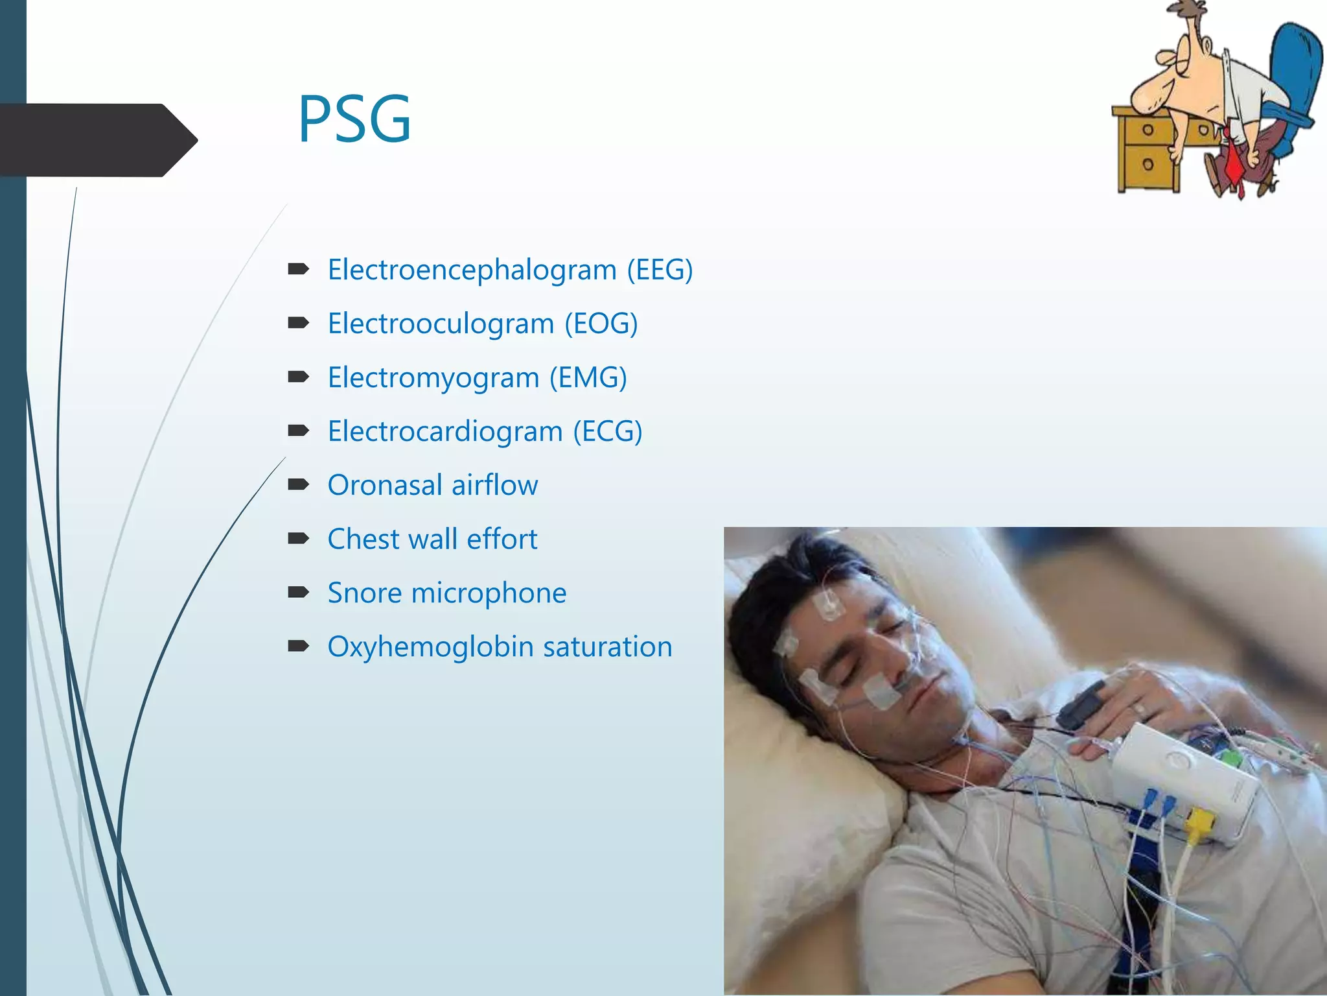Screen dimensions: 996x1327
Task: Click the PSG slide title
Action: [354, 119]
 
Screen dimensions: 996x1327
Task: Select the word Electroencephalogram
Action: [472, 270]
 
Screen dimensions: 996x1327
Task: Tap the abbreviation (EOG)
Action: [601, 324]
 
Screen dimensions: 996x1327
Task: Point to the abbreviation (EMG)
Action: [588, 377]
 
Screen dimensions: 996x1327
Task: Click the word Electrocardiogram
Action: [445, 431]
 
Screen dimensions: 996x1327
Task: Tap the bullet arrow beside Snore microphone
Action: [298, 591]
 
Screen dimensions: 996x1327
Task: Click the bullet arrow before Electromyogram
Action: [298, 376]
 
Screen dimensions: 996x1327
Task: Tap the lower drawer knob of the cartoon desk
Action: [1148, 163]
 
